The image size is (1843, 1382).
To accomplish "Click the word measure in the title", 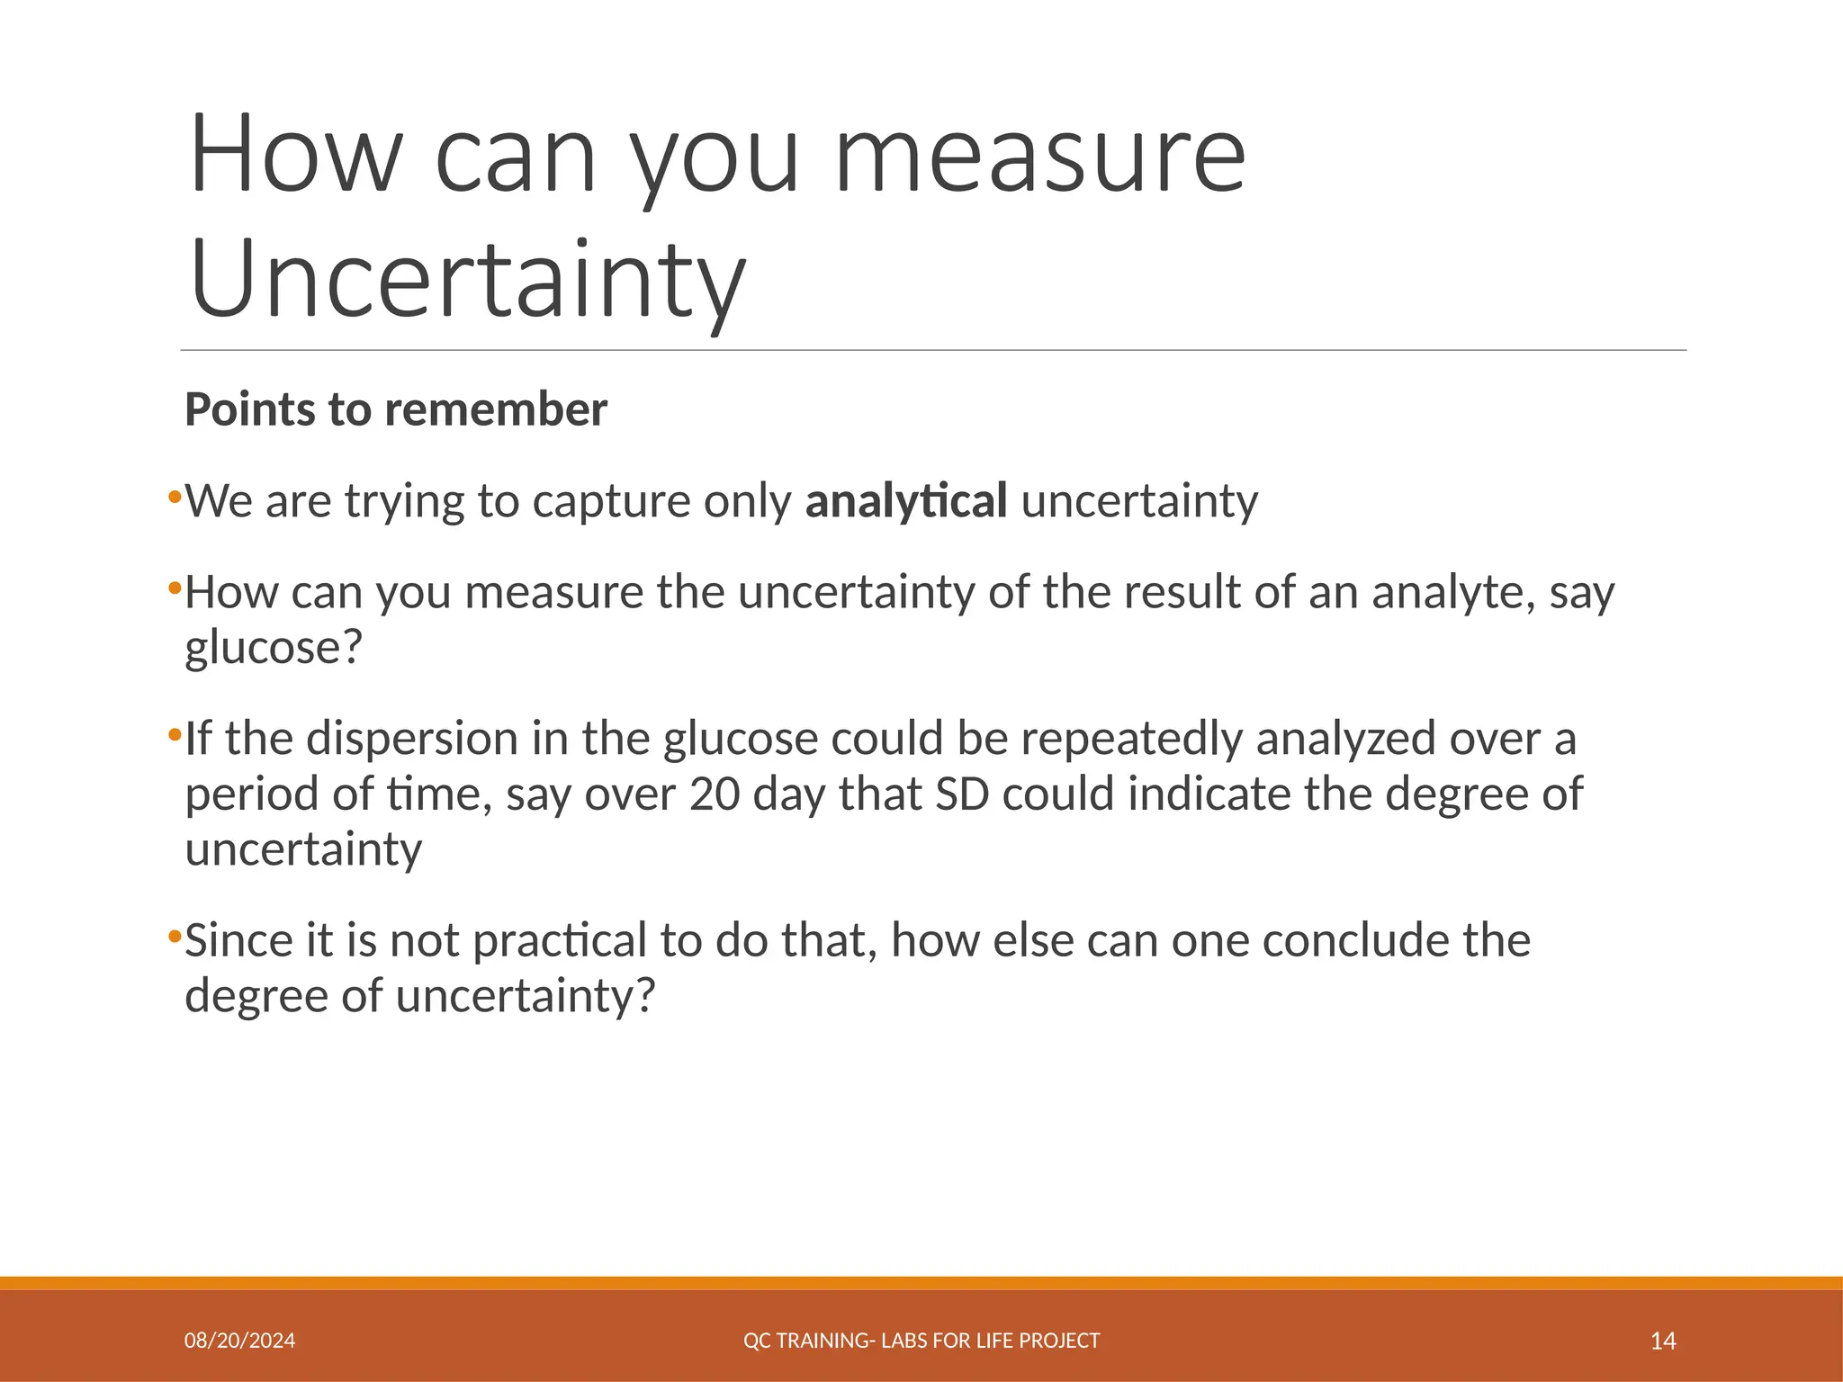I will (x=1039, y=155).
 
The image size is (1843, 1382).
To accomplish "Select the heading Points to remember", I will (x=396, y=409).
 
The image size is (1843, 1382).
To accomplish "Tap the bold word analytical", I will (x=905, y=501).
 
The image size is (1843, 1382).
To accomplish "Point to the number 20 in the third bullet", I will (x=715, y=794).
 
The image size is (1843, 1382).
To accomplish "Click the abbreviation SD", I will (x=962, y=794).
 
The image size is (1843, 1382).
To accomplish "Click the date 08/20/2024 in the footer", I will (x=239, y=1342).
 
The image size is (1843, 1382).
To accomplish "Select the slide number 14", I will (x=1663, y=1342).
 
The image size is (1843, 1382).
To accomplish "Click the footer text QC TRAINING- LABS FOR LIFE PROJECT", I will (x=921, y=1342).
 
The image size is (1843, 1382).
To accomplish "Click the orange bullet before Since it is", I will (x=175, y=937).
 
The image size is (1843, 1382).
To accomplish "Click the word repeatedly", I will (x=1131, y=739).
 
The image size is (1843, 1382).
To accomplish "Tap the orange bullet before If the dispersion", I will (x=175, y=734).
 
